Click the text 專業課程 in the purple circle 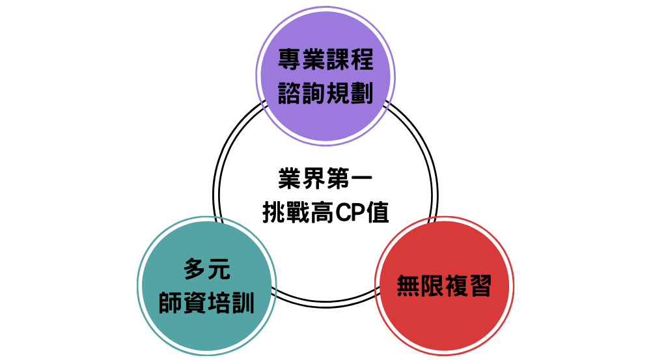pos(325,61)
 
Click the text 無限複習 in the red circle pos(444,286)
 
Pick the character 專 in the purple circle pos(289,61)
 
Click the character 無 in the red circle pos(408,286)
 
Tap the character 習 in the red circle pos(480,286)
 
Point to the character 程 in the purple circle pos(361,61)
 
